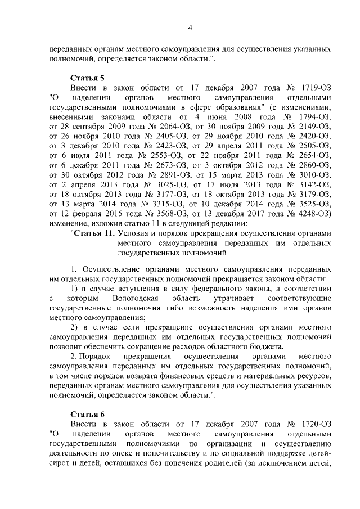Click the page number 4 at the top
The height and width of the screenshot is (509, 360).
pos(190,29)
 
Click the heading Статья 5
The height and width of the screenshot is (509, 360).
pos(88,78)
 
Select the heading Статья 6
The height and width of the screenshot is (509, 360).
pos(88,415)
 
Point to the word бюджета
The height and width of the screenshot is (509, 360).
pos(266,346)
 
